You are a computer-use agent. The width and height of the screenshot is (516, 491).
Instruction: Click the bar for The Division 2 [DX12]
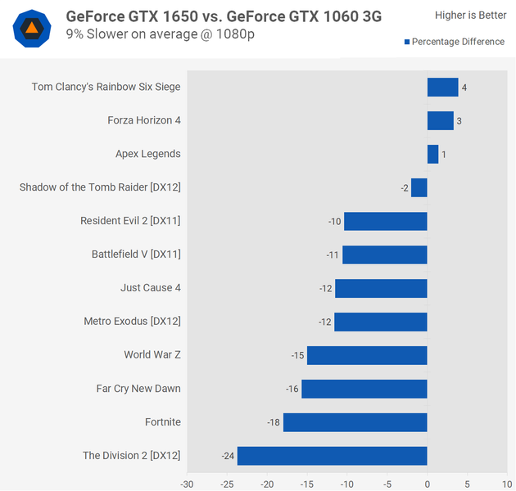click(x=333, y=456)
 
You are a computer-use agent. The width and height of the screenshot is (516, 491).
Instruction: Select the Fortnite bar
click(x=355, y=422)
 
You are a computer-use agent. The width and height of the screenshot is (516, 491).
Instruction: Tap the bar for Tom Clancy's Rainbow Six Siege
click(x=442, y=87)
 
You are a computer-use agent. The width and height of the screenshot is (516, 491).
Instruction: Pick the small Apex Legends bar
click(x=432, y=154)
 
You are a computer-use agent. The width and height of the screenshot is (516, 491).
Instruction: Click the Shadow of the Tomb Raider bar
click(x=419, y=187)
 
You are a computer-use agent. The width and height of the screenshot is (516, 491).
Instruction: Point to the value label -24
click(x=228, y=456)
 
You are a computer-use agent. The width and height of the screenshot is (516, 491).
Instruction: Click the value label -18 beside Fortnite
click(x=274, y=422)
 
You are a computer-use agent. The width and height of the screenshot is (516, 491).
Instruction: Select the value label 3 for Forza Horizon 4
click(x=459, y=120)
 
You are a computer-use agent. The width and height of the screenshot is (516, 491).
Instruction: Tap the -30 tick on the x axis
click(x=188, y=484)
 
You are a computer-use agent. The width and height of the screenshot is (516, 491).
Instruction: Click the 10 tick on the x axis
click(x=507, y=484)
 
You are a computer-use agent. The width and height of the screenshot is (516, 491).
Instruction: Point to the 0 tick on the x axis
click(x=428, y=484)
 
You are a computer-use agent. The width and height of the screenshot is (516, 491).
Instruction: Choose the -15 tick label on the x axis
click(x=307, y=484)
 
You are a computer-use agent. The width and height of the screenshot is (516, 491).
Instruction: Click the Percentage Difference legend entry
click(x=455, y=42)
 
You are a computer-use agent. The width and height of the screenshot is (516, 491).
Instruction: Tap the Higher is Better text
click(x=470, y=16)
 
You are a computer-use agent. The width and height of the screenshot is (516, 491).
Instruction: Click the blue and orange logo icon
click(x=31, y=29)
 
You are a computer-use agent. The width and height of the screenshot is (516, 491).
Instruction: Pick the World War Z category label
click(x=152, y=355)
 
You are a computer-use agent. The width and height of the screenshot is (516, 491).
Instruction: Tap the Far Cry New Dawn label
click(x=138, y=389)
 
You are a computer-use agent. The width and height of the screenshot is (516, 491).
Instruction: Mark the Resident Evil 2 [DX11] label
click(x=130, y=221)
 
